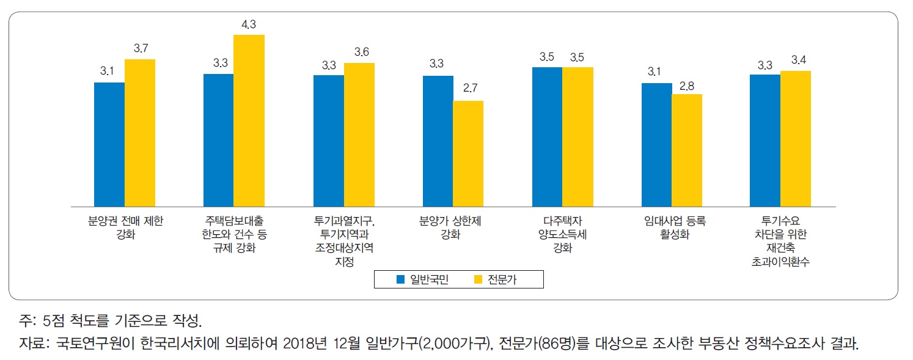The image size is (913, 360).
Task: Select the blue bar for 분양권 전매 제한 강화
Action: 109,144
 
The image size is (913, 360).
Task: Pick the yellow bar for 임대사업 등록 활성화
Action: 687,150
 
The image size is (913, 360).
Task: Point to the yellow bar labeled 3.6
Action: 359,134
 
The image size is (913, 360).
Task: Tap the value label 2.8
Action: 687,84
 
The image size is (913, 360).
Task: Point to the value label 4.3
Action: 249,24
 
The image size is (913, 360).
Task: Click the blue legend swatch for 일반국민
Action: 401,280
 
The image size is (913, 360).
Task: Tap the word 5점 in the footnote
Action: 51,320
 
